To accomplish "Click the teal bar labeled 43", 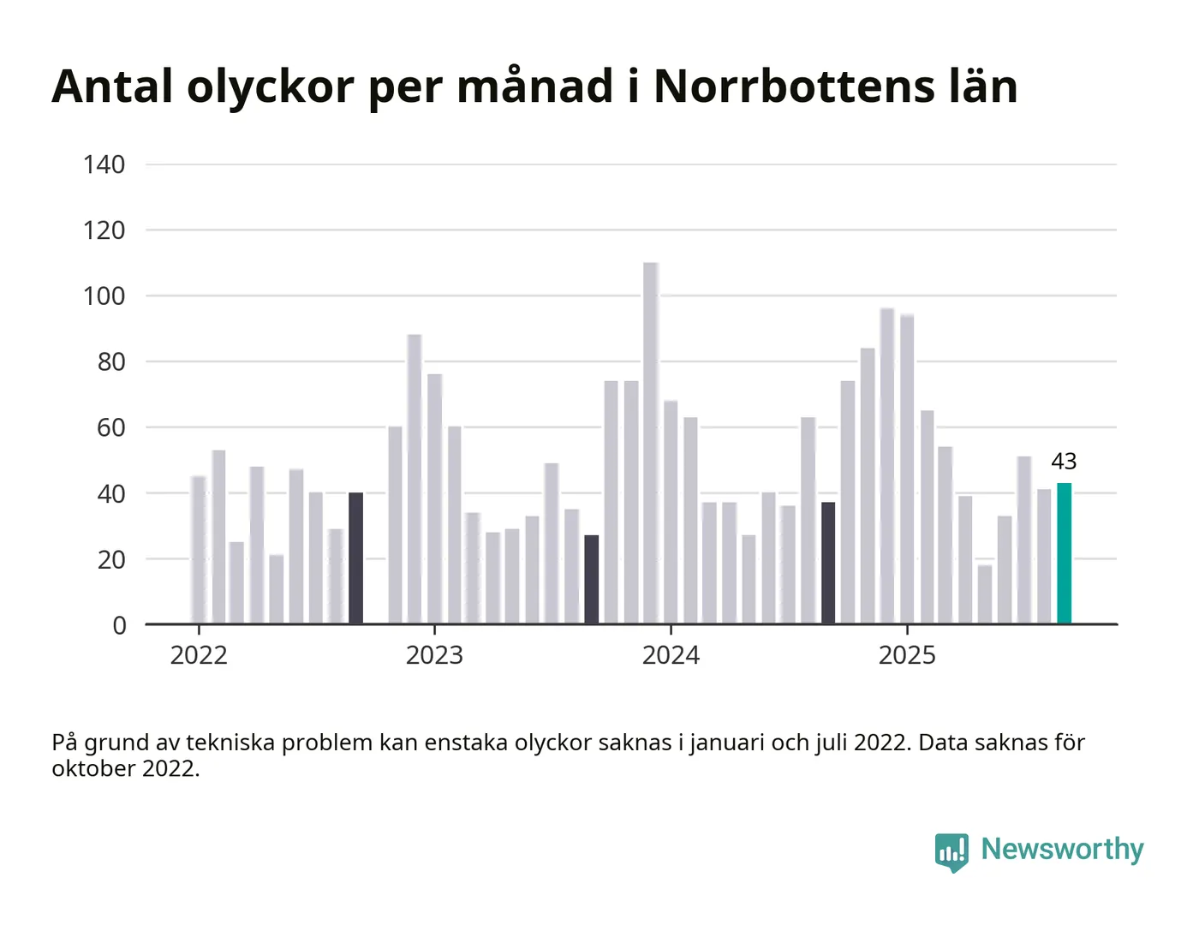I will (x=1064, y=553).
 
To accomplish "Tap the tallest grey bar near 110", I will (x=651, y=443).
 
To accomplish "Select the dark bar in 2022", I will (x=355, y=558).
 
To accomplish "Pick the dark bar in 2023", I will (x=592, y=580).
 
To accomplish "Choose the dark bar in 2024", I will (x=828, y=563).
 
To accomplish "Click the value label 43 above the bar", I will (x=1064, y=462).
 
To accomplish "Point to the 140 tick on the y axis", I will (x=104, y=164).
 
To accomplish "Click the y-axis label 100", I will (x=104, y=296).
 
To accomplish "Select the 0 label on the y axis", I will (x=120, y=625).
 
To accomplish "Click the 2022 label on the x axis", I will (x=199, y=655).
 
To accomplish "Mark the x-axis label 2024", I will (x=671, y=655).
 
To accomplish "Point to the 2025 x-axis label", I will (x=907, y=655).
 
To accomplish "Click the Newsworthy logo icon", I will (x=951, y=851).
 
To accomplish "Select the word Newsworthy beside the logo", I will (x=1062, y=849).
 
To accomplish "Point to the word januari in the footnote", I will (x=727, y=743).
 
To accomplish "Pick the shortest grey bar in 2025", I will (x=985, y=594).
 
